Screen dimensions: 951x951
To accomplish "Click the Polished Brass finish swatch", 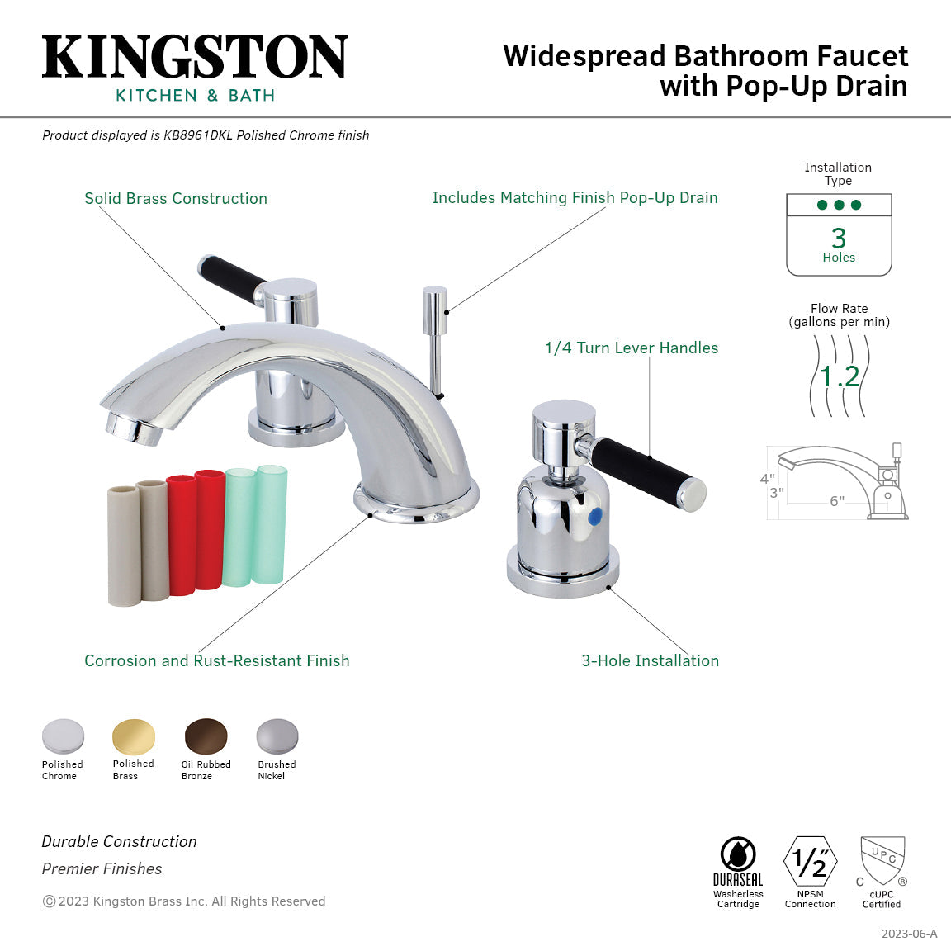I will pos(134,736).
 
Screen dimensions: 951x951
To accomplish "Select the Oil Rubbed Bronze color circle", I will pos(206,736).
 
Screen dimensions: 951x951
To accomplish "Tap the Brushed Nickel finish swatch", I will pos(277,736).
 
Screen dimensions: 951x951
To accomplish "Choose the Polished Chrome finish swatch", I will pos(63,736).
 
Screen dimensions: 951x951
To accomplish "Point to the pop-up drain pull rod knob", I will pos(434,302).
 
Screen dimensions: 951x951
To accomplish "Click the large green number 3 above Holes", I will pos(839,238).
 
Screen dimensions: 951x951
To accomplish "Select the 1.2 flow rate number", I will pos(840,376).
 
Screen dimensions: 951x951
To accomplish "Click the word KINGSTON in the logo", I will pos(195,57).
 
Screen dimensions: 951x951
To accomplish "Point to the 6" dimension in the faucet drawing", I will pos(837,501).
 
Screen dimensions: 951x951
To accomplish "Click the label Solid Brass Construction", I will pos(176,198).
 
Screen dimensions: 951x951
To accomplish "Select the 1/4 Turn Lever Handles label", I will pos(632,348).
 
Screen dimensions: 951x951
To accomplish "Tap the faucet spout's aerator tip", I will pos(130,427).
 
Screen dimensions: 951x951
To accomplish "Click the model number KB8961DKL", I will pos(198,135).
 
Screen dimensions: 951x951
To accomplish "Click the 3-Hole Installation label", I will pos(651,660).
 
